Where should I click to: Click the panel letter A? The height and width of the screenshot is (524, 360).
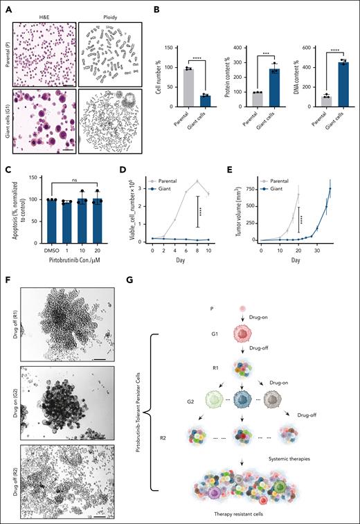(x=5, y=6)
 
